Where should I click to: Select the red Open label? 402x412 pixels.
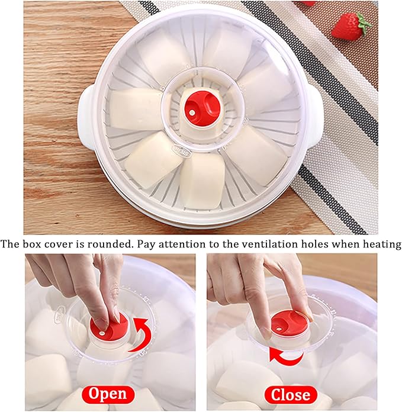(x=109, y=394)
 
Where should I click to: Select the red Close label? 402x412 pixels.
(x=291, y=394)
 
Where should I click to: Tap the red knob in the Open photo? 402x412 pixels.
(x=110, y=328)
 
